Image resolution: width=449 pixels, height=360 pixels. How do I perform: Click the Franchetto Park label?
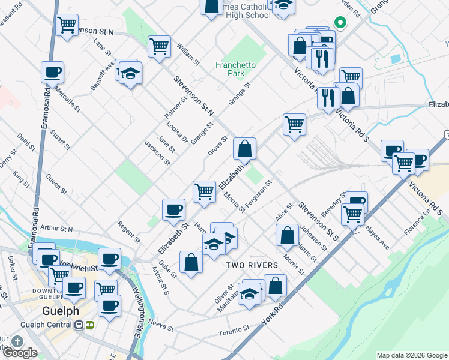[x=236, y=68]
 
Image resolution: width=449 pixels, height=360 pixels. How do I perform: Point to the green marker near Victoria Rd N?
[x=339, y=23]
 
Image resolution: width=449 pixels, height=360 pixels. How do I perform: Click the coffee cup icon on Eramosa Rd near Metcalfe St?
[x=52, y=73]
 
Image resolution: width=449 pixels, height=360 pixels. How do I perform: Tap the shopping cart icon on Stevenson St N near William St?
[x=159, y=46]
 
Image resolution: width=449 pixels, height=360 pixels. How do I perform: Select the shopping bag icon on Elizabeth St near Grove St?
[x=244, y=148]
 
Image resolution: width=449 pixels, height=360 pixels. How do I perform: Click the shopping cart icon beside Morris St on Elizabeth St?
[x=204, y=191]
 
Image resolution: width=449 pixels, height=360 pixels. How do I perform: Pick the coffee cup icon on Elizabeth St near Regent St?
[x=173, y=209]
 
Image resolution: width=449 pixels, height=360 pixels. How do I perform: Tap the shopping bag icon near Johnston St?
[x=288, y=234]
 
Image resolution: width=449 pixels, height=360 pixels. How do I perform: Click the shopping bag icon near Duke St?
[x=191, y=263]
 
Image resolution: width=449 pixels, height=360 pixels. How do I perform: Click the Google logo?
[x=20, y=353]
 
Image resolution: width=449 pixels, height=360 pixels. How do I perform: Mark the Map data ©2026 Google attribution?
[x=411, y=355]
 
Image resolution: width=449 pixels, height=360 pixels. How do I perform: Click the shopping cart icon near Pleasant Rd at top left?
[x=67, y=25]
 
